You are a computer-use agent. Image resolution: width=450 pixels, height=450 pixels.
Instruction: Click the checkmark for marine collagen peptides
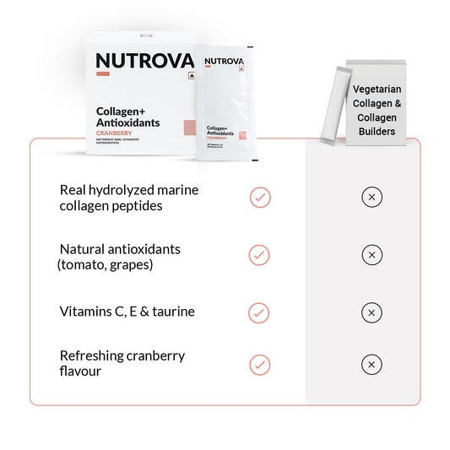(x=260, y=198)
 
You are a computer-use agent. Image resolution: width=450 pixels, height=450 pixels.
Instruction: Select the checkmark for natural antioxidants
(x=260, y=255)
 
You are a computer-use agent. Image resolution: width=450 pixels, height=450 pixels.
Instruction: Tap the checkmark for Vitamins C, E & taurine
(x=260, y=312)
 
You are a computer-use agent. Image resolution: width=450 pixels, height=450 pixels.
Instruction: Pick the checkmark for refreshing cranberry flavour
(x=260, y=365)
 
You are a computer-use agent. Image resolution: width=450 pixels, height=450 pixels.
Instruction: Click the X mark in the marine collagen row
(x=371, y=198)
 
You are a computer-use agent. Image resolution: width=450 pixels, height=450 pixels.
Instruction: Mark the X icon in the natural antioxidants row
(x=371, y=255)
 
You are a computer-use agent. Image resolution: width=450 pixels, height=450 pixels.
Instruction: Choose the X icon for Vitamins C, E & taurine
(x=371, y=312)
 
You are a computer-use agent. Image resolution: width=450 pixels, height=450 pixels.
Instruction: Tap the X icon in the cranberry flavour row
(x=371, y=365)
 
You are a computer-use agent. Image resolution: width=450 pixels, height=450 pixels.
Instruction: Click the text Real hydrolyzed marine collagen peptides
(x=128, y=198)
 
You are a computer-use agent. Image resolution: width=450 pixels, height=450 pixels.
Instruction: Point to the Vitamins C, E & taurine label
(x=127, y=312)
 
